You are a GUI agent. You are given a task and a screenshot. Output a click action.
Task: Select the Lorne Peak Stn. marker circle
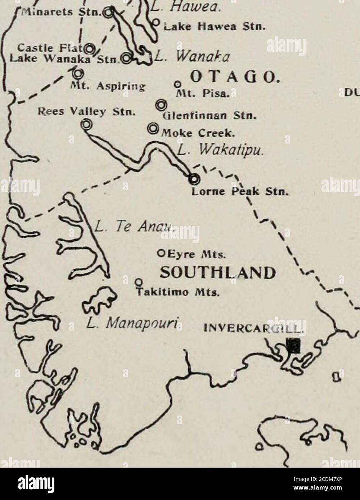point(194,178)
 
